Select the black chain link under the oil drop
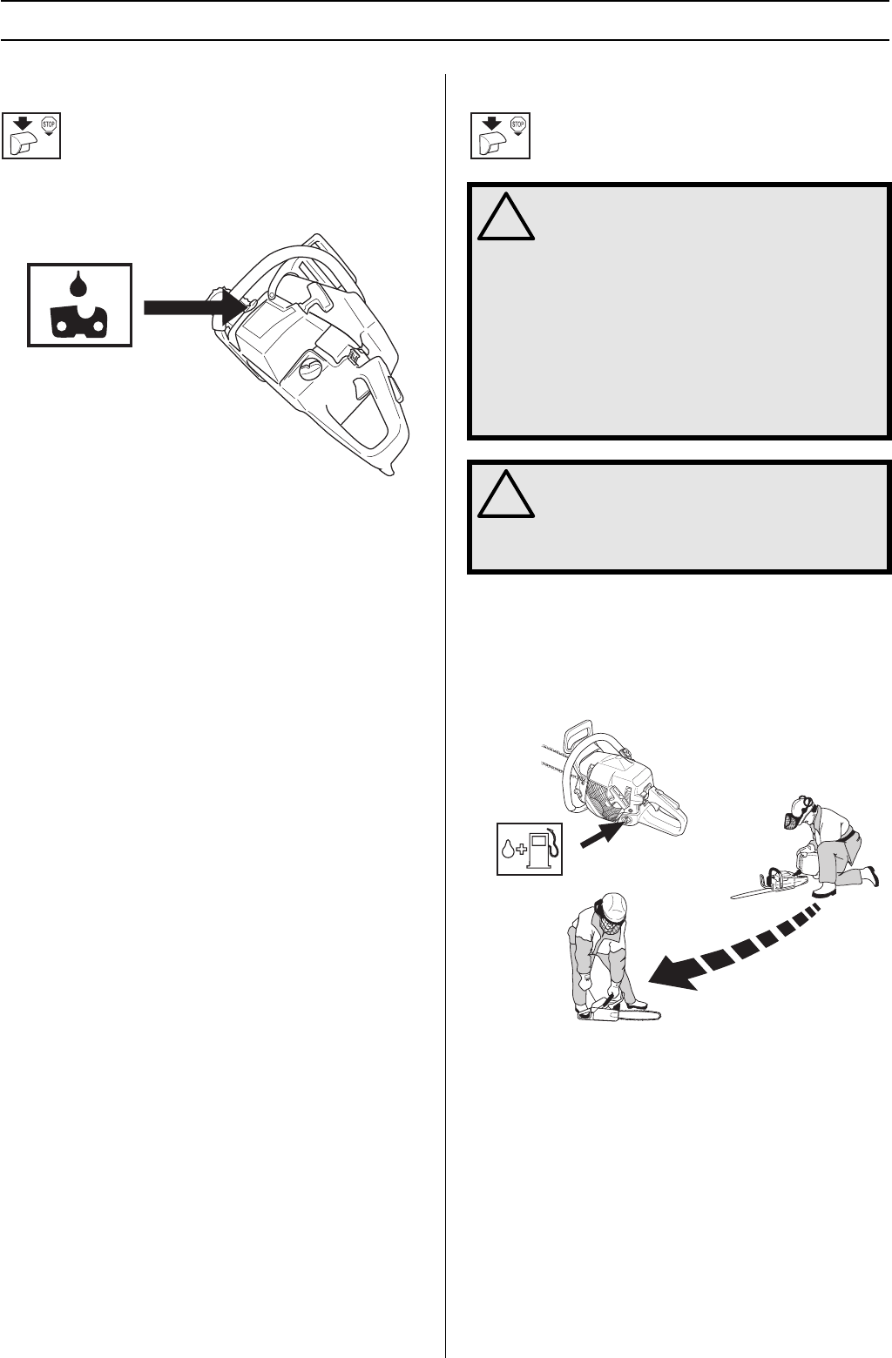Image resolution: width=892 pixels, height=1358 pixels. (x=79, y=321)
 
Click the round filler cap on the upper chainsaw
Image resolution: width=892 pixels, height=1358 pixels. (x=310, y=370)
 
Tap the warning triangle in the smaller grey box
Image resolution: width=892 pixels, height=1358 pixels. (x=506, y=494)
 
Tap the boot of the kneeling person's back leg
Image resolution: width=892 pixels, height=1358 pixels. (x=868, y=875)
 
